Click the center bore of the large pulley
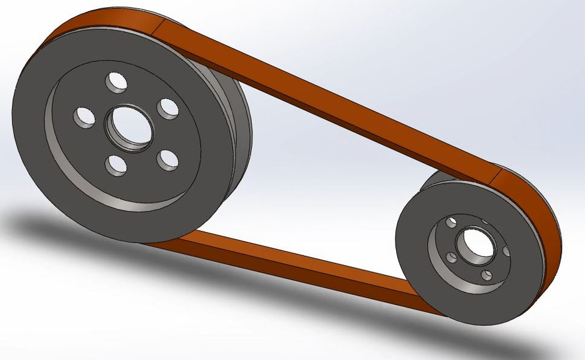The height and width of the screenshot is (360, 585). pos(130,129)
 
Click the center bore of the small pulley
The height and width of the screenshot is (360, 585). pos(475,243)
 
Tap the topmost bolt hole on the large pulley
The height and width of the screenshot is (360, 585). pos(116,82)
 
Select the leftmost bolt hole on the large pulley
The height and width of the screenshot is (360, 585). pos(84,116)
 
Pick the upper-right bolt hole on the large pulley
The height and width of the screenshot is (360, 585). pos(168,108)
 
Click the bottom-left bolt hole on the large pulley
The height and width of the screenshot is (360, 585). pos(116,164)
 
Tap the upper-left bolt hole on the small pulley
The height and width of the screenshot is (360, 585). pos(451,222)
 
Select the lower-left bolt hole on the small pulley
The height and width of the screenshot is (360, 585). pos(452,258)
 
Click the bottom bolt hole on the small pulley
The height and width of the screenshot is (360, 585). pos(486,275)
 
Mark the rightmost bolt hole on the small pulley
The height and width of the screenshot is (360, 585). pos(506,250)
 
